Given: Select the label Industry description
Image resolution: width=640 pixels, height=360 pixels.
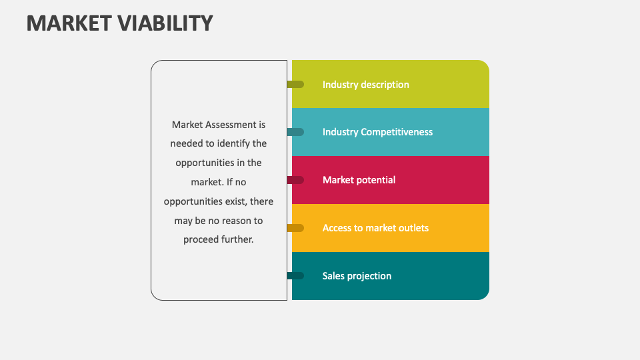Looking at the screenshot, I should [365, 85].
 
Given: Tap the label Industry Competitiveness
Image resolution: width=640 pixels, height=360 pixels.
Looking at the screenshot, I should [377, 132].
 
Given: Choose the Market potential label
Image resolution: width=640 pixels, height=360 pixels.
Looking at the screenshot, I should [359, 180].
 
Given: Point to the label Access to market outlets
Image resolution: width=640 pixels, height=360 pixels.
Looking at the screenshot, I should [375, 228].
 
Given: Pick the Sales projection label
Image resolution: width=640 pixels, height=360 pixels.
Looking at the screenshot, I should [357, 276].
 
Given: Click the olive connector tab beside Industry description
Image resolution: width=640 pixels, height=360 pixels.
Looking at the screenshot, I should [296, 85].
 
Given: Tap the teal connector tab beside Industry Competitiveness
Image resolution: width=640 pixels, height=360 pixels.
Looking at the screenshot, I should [296, 132].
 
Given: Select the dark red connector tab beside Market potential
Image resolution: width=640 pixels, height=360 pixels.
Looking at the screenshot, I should [296, 180].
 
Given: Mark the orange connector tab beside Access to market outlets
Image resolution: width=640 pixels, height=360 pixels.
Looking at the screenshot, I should [296, 228].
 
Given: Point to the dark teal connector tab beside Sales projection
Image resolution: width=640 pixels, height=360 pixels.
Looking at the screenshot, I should [296, 276].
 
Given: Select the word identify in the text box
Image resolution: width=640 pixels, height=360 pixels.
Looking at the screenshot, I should [230, 143].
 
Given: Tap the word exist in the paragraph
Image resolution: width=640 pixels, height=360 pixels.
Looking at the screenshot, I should [235, 201].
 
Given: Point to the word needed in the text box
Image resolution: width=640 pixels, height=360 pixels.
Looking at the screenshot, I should [185, 143].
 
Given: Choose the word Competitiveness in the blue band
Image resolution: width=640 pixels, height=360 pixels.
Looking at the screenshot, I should [397, 132].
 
